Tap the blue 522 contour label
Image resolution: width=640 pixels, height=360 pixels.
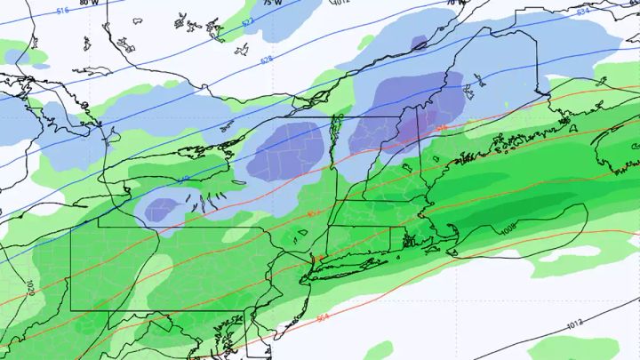click(247, 20)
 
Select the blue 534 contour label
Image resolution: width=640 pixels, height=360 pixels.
click(582, 12)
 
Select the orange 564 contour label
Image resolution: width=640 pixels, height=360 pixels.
click(322, 317)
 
